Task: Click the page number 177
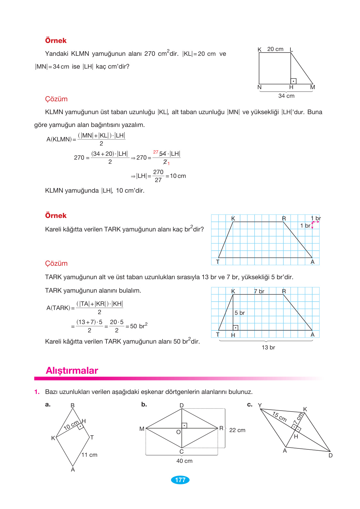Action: [180, 480]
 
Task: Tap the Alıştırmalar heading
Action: [72, 371]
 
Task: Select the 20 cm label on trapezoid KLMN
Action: [275, 49]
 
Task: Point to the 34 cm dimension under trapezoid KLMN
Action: [286, 96]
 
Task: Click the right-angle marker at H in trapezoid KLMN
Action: [293, 81]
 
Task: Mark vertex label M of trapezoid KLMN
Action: [313, 87]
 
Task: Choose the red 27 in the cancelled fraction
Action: [156, 152]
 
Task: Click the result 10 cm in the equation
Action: [178, 176]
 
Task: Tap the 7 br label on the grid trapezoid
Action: [259, 291]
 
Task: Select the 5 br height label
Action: [239, 313]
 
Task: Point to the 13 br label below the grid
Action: [268, 347]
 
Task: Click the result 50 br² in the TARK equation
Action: [138, 326]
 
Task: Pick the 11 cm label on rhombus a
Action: [89, 455]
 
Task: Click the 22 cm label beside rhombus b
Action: [237, 430]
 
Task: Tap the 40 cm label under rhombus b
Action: [184, 461]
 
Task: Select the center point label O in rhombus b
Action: [179, 432]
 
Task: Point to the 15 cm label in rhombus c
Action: [279, 416]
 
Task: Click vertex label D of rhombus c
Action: [331, 455]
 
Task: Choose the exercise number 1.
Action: [37, 392]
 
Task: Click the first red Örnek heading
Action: [56, 41]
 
